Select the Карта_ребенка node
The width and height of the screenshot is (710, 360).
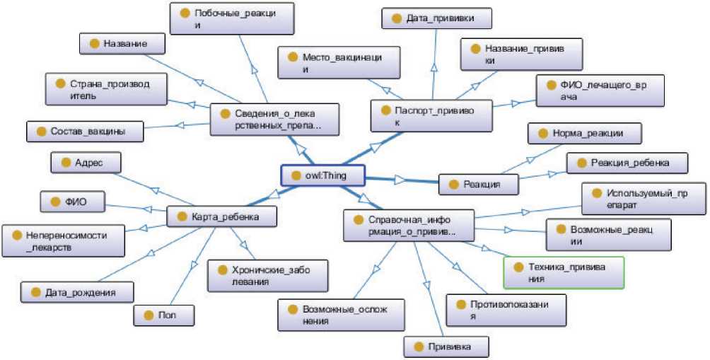tap(221, 216)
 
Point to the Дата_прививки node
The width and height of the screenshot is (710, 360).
tap(436, 18)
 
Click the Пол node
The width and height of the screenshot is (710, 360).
tap(164, 315)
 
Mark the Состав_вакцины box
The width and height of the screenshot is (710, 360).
tap(84, 131)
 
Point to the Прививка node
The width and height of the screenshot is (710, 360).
tap(446, 347)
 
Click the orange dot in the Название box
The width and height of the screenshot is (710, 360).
tap(94, 43)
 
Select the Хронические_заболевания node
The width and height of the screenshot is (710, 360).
tap(267, 274)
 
